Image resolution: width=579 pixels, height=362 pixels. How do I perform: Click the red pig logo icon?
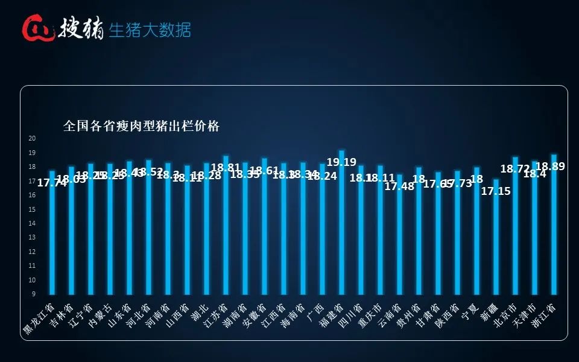point(38,28)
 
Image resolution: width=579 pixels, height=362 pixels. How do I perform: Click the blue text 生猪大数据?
point(150,30)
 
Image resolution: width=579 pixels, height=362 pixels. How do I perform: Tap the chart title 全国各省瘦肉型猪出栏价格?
point(141,126)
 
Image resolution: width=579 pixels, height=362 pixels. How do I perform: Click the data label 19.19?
point(341,162)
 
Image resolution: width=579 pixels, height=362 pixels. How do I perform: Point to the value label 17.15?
point(496,191)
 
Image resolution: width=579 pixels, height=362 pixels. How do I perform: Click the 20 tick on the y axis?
point(33,138)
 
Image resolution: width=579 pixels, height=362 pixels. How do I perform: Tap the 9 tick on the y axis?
point(34,294)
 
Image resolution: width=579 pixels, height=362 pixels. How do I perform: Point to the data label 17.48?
point(399,186)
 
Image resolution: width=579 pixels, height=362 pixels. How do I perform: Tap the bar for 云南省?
point(399,241)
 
